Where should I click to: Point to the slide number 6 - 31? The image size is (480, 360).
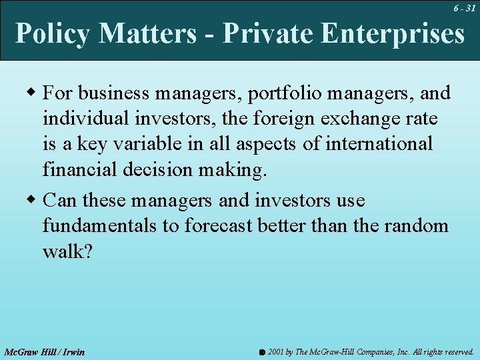tap(464, 8)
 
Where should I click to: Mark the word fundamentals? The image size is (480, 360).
tap(100, 226)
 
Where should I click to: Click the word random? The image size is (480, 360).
tap(417, 226)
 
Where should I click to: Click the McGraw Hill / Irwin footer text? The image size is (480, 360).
tap(45, 351)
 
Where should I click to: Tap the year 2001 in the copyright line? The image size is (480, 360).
tap(275, 351)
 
